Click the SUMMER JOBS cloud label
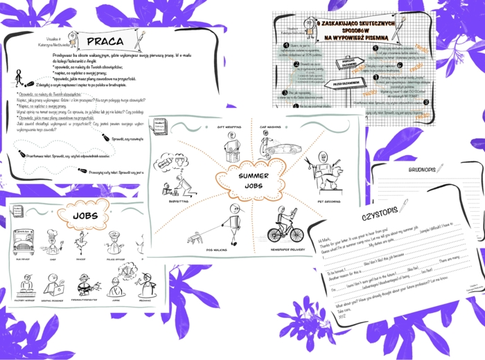tap(254, 181)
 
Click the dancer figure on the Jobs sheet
tap(82, 242)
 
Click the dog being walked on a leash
tap(196, 238)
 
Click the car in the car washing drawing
tap(279, 148)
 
